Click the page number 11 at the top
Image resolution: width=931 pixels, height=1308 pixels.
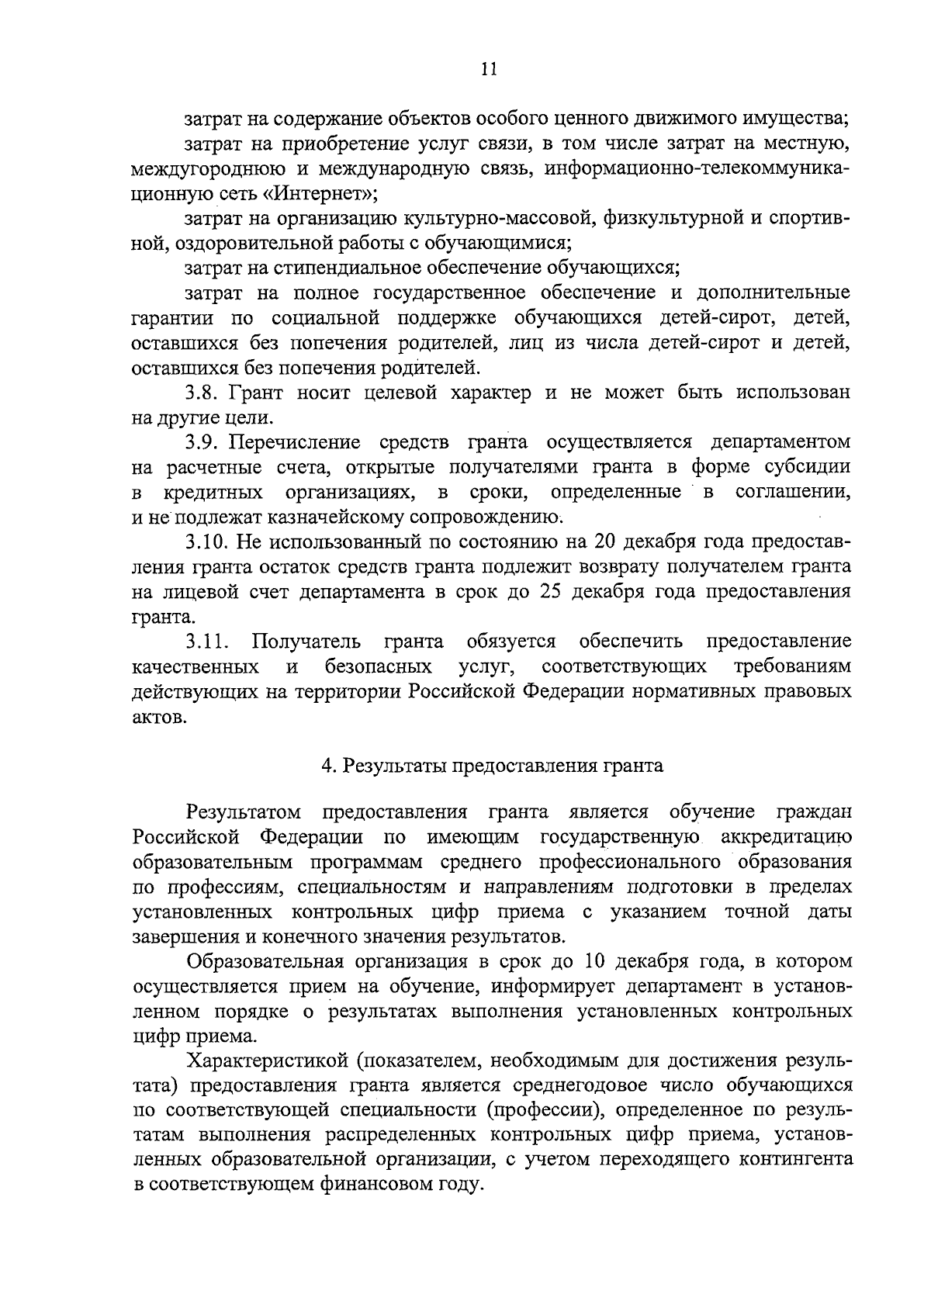tap(488, 68)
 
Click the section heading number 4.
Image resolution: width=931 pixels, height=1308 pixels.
tap(328, 766)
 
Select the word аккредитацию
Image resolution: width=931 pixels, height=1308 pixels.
tap(786, 837)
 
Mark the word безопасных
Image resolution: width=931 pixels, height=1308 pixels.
tap(378, 666)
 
